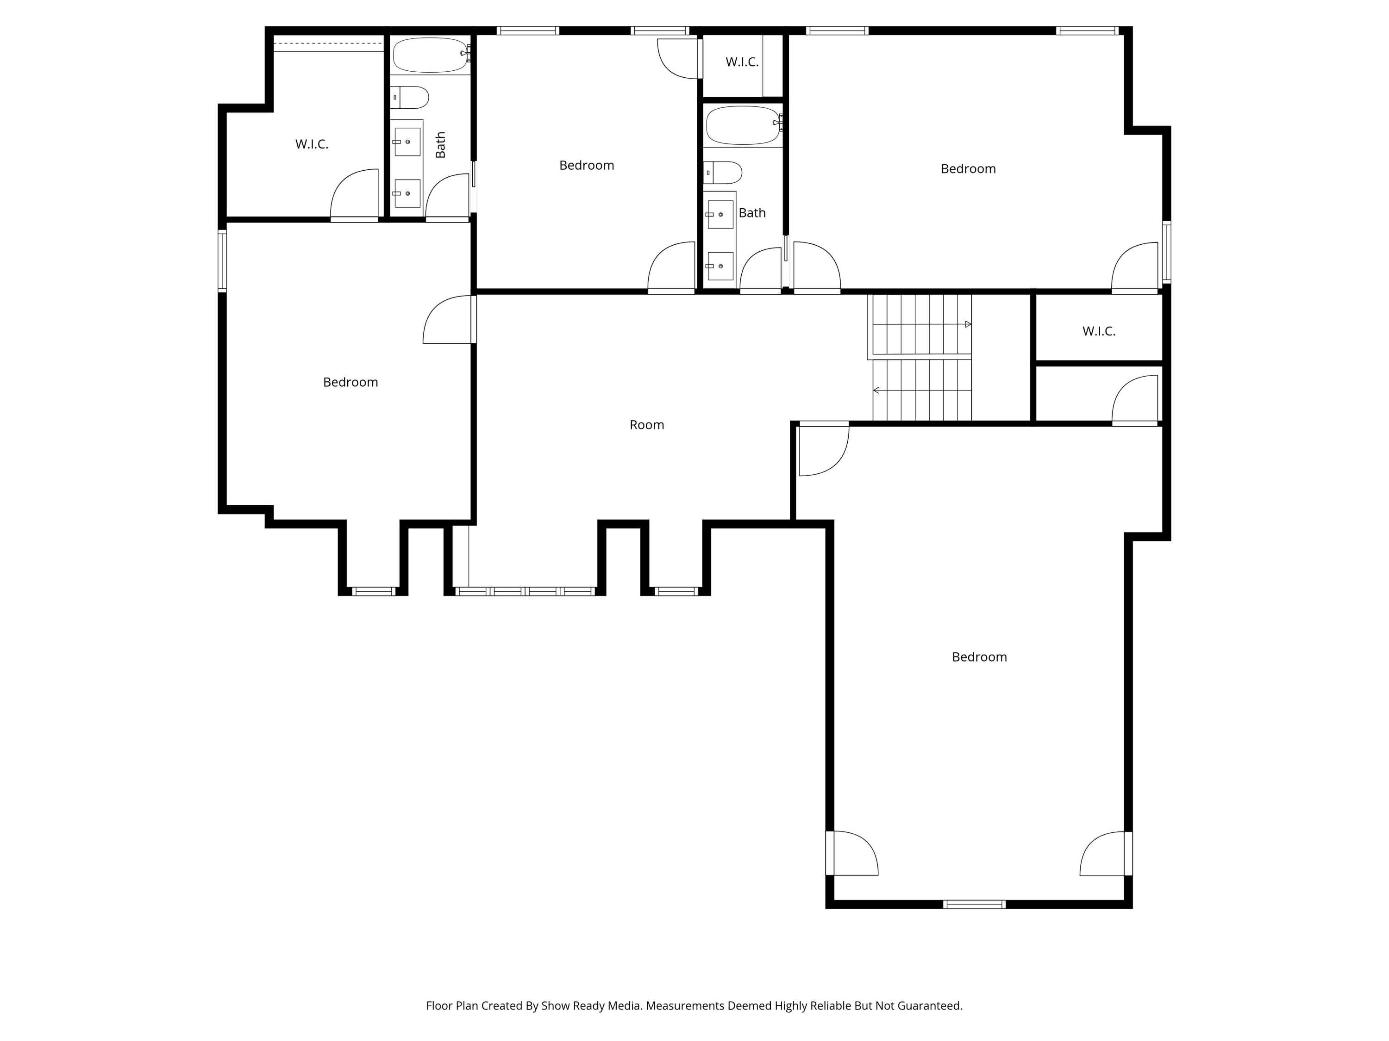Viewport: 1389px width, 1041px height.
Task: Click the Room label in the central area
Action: coord(646,425)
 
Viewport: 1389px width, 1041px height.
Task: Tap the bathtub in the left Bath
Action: coord(430,55)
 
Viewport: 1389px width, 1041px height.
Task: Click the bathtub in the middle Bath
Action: coord(743,124)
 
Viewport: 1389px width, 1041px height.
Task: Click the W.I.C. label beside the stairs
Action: coord(1098,331)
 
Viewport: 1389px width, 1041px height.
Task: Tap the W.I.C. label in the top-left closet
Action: coord(312,144)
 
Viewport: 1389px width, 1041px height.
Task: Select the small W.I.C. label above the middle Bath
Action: coord(742,62)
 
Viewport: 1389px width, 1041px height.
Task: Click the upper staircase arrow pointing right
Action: coord(968,324)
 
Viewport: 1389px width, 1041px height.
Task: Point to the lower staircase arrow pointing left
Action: coord(876,390)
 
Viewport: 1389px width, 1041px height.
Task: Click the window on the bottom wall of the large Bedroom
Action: coord(974,904)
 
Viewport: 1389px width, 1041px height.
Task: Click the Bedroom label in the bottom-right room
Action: coord(979,657)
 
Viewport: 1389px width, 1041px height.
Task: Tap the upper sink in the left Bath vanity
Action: coord(407,142)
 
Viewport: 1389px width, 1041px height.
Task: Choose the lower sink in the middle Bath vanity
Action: coord(720,266)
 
